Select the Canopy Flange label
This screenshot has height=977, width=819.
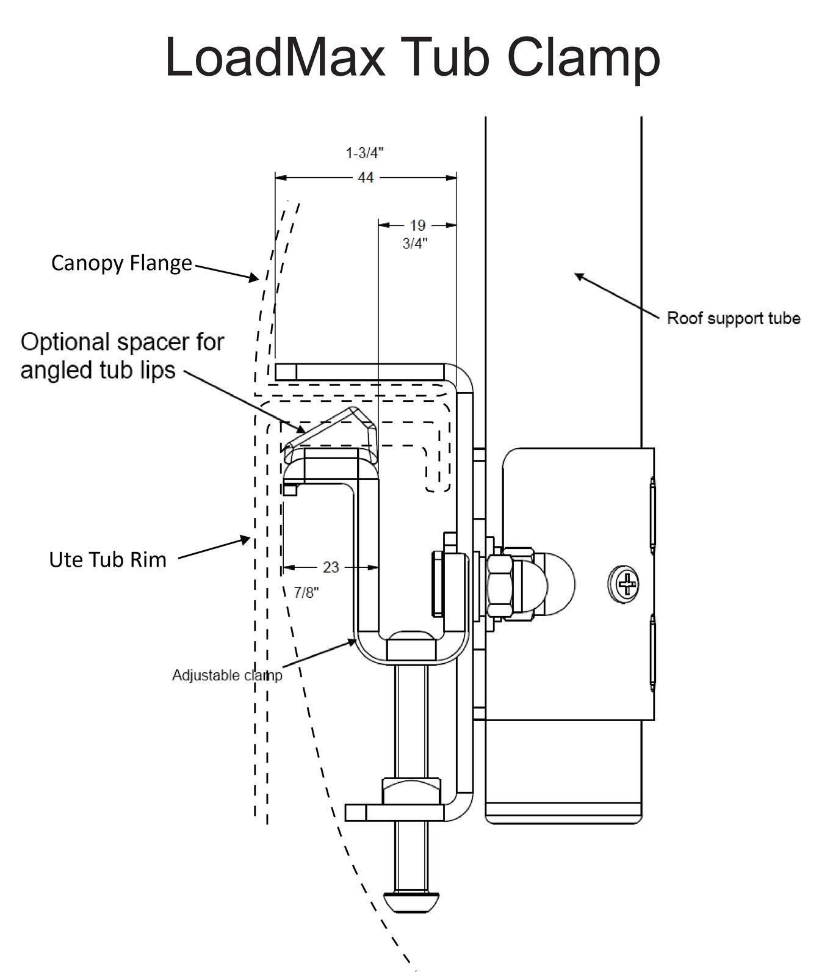tap(121, 263)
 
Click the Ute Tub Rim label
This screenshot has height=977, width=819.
tap(108, 559)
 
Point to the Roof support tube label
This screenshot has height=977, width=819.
tap(734, 318)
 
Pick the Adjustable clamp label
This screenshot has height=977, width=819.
tap(227, 675)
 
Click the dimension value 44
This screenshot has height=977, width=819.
tap(366, 177)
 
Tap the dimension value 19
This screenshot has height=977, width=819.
tap(417, 225)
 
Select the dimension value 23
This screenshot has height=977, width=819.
tap(331, 567)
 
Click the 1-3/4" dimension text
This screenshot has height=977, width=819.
tap(365, 153)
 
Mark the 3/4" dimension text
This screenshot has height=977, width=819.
tap(415, 244)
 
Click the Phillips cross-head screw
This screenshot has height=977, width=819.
tap(624, 584)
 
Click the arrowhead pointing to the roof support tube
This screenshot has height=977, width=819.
tap(580, 278)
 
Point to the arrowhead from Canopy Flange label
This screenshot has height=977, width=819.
tap(253, 277)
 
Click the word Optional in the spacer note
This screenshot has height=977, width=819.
tap(67, 343)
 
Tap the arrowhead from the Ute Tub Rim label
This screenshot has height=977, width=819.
tap(245, 540)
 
